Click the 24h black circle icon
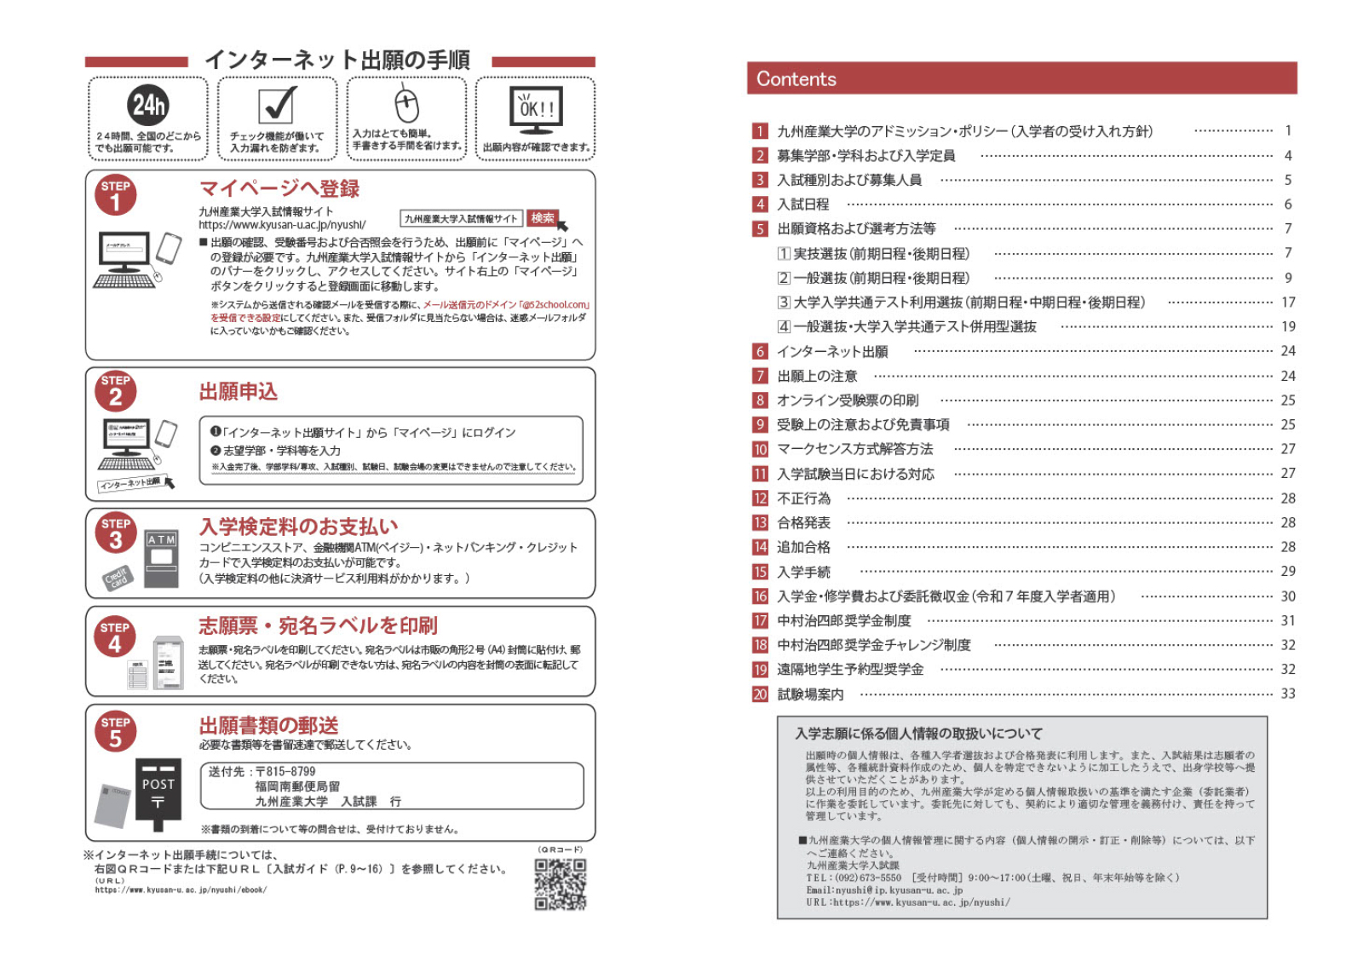[x=148, y=105]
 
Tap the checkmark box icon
[x=278, y=105]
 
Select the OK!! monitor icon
[x=536, y=109]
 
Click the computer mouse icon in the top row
[x=406, y=105]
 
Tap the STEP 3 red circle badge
[x=116, y=533]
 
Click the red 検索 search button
[x=543, y=218]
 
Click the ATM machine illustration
[x=161, y=557]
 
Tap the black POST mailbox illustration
[x=158, y=793]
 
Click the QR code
[x=560, y=884]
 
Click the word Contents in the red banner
[x=797, y=79]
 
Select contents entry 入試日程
[x=802, y=204]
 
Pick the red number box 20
[x=760, y=694]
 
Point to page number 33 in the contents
[x=1288, y=694]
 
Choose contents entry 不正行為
[x=803, y=498]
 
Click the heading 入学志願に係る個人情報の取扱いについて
[x=918, y=734]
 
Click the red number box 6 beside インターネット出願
[x=760, y=351]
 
